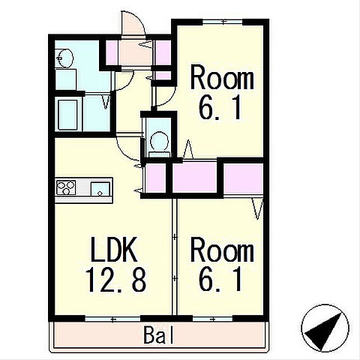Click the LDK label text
(114, 249)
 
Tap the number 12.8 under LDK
(115, 280)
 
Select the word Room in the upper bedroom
(222, 77)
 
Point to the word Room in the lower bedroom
(222, 250)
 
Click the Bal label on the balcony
(158, 335)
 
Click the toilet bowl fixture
(159, 142)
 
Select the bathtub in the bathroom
(67, 115)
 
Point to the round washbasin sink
(64, 58)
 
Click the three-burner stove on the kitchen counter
(66, 187)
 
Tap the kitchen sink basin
(100, 189)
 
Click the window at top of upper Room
(223, 22)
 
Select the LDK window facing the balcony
(112, 319)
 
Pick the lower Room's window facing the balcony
(213, 319)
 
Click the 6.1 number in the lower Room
(220, 280)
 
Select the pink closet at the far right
(243, 178)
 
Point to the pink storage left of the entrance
(112, 52)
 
